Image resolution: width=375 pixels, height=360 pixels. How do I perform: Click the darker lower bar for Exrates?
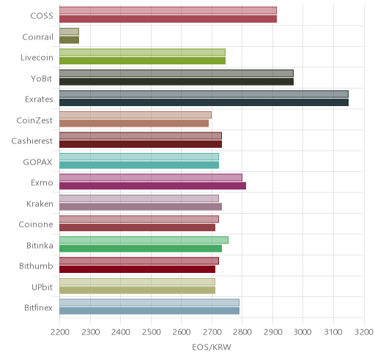tap(204, 102)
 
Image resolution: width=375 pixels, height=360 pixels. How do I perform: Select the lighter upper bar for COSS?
tap(168, 10)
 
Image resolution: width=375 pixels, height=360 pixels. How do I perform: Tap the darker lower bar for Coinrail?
tap(69, 40)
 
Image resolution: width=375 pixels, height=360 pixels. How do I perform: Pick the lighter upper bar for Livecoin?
tap(142, 52)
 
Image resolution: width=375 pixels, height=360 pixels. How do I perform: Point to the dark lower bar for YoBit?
tap(177, 82)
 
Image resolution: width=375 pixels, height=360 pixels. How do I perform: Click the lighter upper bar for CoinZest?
tap(135, 115)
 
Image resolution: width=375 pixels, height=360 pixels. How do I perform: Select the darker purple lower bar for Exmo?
tap(152, 186)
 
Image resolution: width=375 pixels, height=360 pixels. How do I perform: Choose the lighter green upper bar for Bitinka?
tap(144, 240)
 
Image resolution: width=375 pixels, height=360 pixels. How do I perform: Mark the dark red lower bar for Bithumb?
tap(137, 269)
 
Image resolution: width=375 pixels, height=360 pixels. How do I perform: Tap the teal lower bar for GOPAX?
tap(139, 165)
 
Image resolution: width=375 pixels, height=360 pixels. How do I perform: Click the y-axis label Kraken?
tap(40, 203)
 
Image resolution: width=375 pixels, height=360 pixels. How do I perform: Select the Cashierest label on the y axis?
tap(32, 141)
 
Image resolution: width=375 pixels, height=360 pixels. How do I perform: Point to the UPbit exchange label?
tap(42, 287)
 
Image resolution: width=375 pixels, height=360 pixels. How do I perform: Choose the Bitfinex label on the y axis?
tap(38, 308)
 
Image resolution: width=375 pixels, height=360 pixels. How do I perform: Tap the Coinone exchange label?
tap(36, 225)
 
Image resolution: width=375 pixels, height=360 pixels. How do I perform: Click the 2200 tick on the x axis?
tap(60, 332)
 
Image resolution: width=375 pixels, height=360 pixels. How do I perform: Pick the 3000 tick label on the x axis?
tap(302, 332)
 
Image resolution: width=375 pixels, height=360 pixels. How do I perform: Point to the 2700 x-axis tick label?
tap(212, 332)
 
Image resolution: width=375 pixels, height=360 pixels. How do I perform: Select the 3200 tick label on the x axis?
tap(364, 332)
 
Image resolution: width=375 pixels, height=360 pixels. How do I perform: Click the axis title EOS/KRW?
tap(212, 347)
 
